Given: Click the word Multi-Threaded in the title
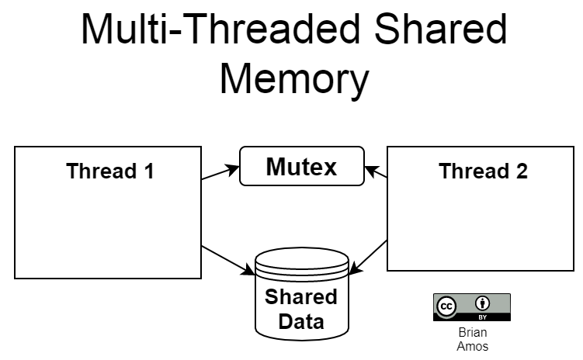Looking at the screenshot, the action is coord(220,29).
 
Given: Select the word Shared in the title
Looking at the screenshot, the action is coord(441,29).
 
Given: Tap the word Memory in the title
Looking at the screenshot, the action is coord(294,80).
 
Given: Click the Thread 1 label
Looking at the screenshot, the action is coord(110,171).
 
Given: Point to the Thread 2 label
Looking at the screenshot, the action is coord(483,171).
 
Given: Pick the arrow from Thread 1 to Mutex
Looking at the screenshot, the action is coord(220,173).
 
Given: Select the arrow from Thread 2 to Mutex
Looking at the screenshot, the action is coord(376,172).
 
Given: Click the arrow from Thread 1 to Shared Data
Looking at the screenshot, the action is coord(228,261).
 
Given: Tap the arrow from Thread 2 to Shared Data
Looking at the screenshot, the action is coord(368,258).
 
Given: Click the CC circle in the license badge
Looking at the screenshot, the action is coord(446,306).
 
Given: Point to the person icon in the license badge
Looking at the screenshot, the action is coord(482,303).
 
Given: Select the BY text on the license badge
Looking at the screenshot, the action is coord(482,317).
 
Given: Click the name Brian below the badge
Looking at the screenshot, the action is coord(473,332).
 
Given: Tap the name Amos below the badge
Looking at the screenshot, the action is coord(473,346).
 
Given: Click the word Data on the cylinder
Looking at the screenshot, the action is coord(301,321).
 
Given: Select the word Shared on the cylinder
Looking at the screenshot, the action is coord(301,297).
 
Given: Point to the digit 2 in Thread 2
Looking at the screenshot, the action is coord(522,171).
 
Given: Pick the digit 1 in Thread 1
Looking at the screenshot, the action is coord(150,171).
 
